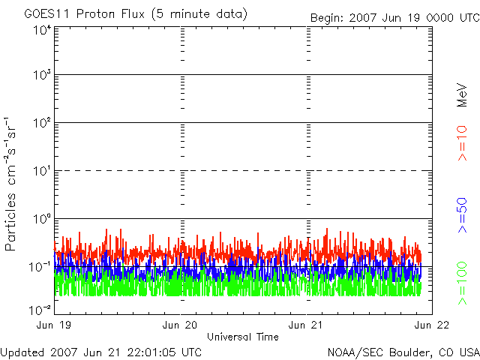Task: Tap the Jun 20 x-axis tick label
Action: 180,325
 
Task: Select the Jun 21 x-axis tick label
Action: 307,325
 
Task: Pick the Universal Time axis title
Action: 242,336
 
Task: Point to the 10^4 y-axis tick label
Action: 41,30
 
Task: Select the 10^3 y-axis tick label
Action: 41,74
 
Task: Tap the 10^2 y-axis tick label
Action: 41,122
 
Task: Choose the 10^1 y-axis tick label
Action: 41,170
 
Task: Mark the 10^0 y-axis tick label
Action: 41,218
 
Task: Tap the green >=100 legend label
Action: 462,283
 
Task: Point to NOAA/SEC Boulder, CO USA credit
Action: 403,352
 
